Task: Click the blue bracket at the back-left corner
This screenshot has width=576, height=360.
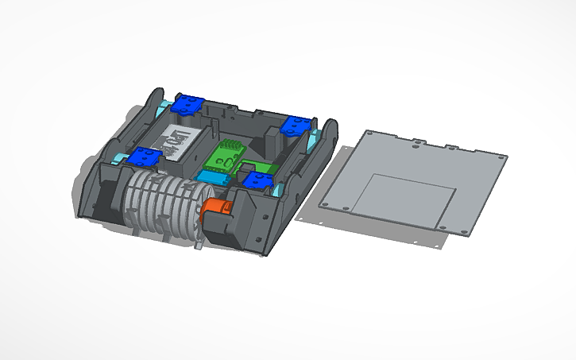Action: (x=188, y=103)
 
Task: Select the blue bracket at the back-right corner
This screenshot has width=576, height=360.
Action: (x=296, y=125)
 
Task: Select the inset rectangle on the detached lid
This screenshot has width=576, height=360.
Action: (x=404, y=199)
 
